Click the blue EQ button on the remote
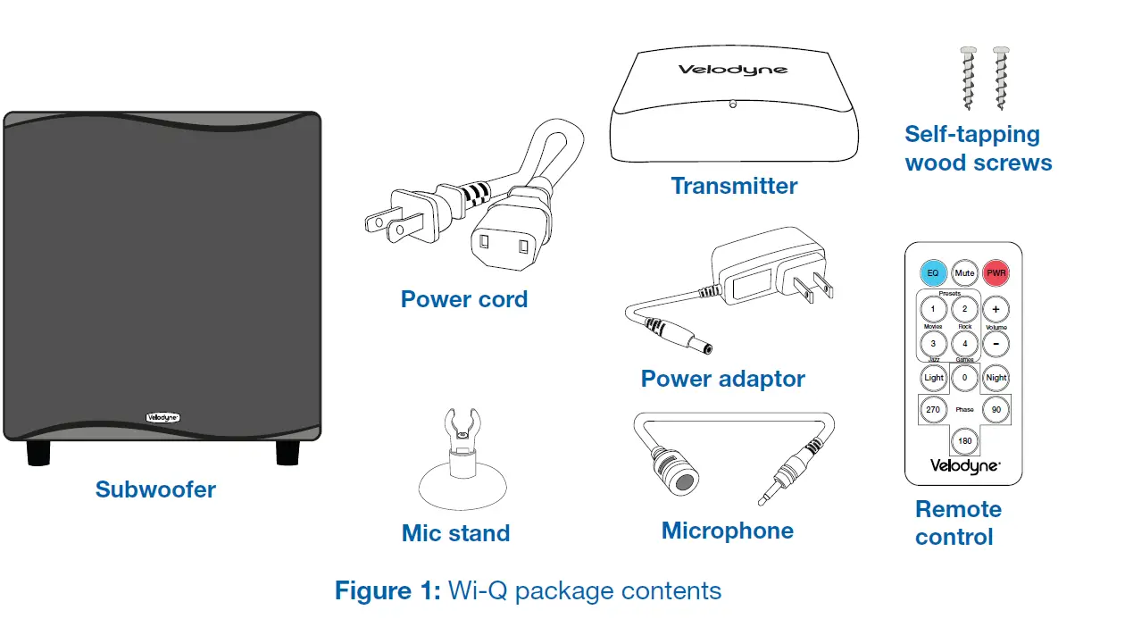click(x=933, y=272)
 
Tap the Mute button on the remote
click(x=964, y=272)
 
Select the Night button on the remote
click(x=996, y=378)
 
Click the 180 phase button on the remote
click(x=964, y=441)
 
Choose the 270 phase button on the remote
click(x=933, y=410)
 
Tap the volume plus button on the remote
click(x=996, y=310)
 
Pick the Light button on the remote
click(x=933, y=378)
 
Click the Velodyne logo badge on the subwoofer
click(x=162, y=416)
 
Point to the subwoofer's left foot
click(x=38, y=453)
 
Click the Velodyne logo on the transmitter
click(x=733, y=70)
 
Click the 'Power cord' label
click(x=464, y=299)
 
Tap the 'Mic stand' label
click(x=455, y=533)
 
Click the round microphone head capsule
click(x=683, y=481)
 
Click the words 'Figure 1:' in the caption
click(x=387, y=591)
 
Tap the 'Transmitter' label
click(x=734, y=186)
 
